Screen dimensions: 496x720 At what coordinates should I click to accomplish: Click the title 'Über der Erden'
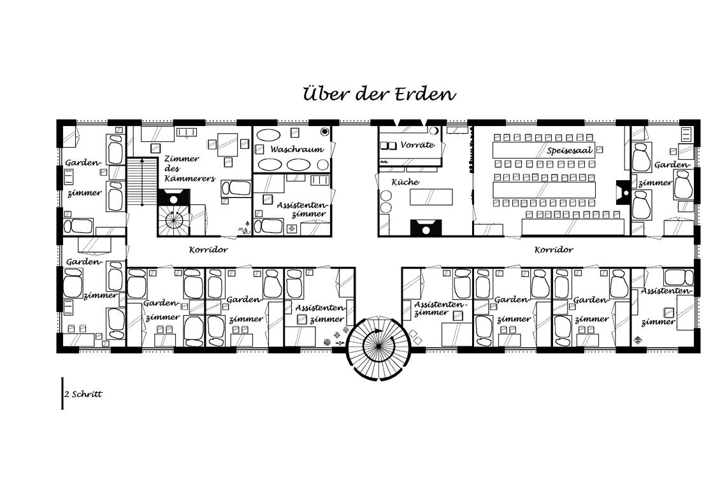click(x=379, y=94)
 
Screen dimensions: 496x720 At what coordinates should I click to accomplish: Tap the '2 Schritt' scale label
click(x=83, y=394)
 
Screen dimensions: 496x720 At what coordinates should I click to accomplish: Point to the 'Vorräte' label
click(x=417, y=145)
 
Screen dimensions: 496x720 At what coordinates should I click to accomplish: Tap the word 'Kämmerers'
click(x=189, y=178)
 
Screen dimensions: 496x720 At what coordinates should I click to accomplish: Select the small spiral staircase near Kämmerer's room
click(x=174, y=220)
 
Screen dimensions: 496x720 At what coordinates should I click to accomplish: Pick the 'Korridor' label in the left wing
click(x=208, y=250)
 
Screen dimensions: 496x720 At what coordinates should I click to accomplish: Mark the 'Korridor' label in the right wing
click(x=554, y=250)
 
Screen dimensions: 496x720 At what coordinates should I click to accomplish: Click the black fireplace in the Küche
click(x=424, y=227)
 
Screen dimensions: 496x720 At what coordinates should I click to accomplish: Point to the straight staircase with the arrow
click(x=141, y=182)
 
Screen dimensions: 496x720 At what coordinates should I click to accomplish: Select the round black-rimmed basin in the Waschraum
click(x=324, y=131)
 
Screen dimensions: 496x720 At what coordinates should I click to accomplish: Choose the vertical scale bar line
click(x=62, y=393)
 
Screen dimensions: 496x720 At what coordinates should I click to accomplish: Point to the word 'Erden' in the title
click(x=426, y=94)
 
